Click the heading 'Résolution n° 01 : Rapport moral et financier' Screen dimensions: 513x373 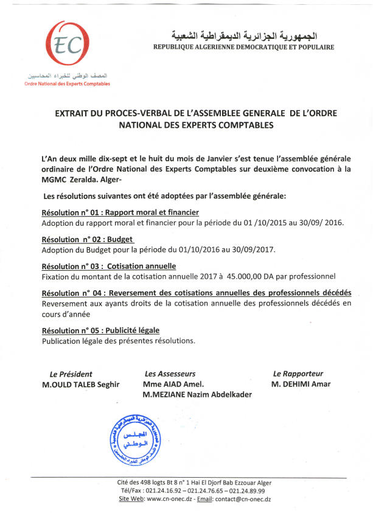(120, 213)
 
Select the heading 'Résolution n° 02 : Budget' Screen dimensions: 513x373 (88, 240)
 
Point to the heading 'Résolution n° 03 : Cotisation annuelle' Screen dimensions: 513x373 (109, 267)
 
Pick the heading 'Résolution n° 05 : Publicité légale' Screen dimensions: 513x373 (100, 330)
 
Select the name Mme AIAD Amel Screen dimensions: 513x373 (173, 385)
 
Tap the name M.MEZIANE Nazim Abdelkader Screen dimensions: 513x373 (197, 394)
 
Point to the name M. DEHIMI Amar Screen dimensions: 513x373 (301, 385)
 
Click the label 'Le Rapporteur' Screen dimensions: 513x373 (298, 374)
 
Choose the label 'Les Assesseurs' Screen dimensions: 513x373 (170, 374)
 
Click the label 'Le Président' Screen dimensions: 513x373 (71, 374)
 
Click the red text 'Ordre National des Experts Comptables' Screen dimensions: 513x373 (67, 84)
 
